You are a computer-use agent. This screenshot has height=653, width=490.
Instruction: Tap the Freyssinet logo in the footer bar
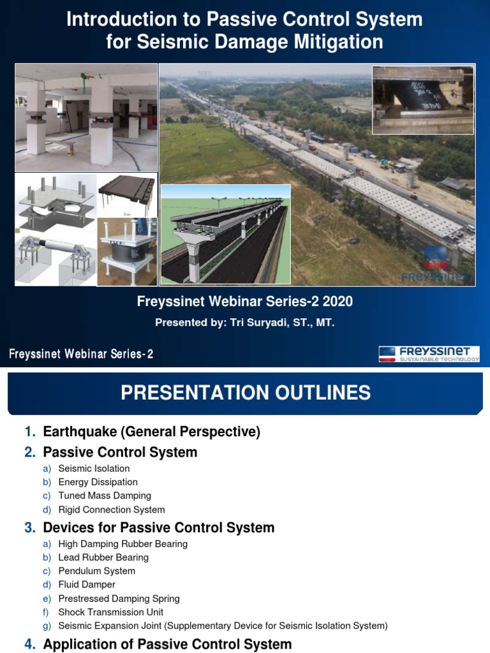click(x=429, y=355)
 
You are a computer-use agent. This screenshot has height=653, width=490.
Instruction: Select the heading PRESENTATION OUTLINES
click(x=246, y=393)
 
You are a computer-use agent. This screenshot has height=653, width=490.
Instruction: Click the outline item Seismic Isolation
click(x=94, y=469)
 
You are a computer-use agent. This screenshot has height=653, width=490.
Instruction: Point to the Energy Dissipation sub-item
click(x=98, y=482)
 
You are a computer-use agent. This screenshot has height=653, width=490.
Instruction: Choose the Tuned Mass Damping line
click(x=105, y=495)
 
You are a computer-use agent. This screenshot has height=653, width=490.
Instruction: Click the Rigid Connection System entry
click(x=112, y=510)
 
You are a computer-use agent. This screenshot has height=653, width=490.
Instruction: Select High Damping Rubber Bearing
click(x=122, y=544)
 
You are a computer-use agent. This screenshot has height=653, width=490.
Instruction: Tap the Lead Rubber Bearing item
click(x=103, y=557)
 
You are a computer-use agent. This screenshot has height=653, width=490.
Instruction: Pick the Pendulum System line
click(x=96, y=571)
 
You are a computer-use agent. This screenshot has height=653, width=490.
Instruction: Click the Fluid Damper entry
click(x=87, y=585)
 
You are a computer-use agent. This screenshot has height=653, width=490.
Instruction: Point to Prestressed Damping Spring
click(x=119, y=599)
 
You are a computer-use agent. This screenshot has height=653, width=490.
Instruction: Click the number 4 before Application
click(x=29, y=645)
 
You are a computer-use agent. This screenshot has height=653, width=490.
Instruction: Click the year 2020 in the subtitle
click(x=337, y=302)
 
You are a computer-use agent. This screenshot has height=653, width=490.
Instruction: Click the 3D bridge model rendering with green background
click(x=226, y=234)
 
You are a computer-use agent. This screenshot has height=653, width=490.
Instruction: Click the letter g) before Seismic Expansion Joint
click(x=47, y=626)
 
